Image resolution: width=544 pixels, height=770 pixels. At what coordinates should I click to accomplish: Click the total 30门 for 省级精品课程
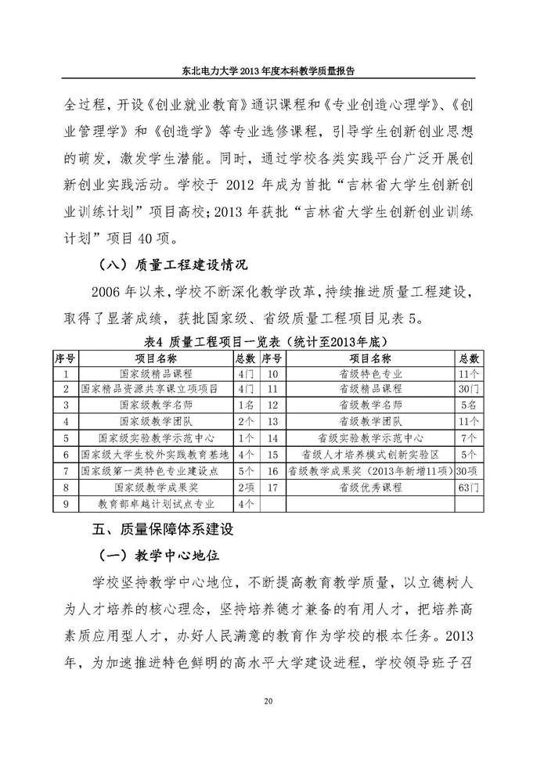467,389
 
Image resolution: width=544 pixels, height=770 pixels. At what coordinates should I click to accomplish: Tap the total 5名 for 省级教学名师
469,405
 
